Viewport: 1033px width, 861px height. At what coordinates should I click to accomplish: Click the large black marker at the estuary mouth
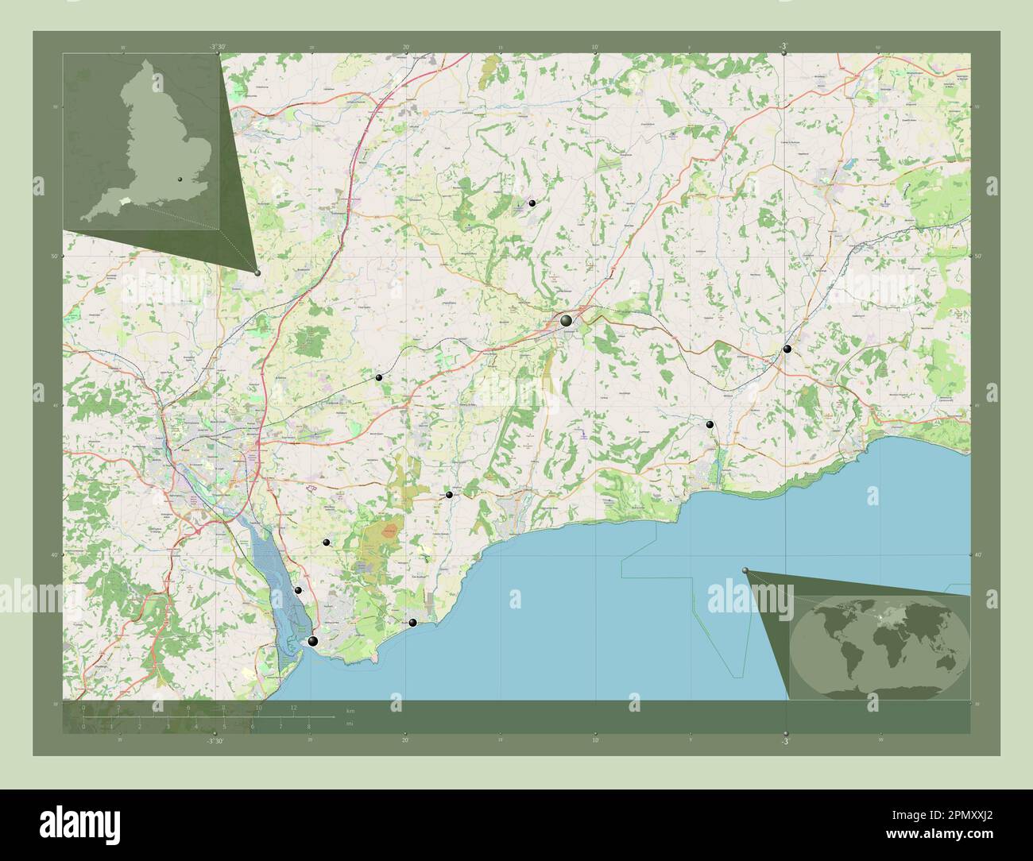click(313, 642)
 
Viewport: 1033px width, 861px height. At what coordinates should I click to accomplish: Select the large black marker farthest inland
click(566, 321)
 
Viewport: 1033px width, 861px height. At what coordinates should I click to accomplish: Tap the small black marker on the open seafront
click(412, 623)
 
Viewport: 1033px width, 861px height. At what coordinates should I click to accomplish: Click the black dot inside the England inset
click(180, 180)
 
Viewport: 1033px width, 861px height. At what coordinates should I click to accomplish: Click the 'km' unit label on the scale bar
click(350, 708)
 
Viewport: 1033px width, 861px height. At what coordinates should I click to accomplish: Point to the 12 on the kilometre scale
click(294, 707)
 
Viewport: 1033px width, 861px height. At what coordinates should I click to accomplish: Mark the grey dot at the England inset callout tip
click(257, 272)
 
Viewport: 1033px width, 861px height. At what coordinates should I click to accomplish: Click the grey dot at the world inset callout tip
click(745, 570)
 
